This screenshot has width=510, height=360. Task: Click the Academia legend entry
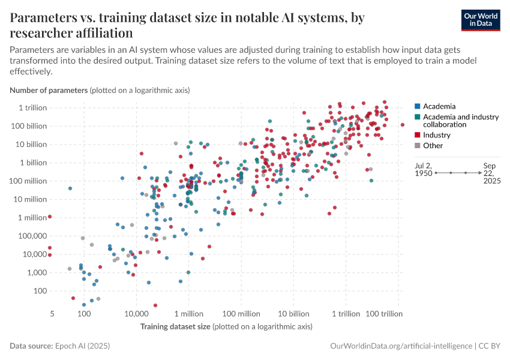[439, 106]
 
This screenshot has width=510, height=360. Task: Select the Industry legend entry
[436, 135]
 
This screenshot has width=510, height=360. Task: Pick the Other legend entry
[433, 145]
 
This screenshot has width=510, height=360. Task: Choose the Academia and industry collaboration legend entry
[460, 121]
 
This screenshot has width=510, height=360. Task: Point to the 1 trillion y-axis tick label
[33, 107]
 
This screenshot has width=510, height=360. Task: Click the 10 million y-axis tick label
[29, 199]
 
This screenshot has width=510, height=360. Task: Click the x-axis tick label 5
[52, 314]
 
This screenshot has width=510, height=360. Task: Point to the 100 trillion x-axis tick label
[383, 314]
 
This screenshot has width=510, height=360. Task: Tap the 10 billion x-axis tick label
[293, 314]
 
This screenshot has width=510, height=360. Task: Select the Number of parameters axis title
[49, 91]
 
